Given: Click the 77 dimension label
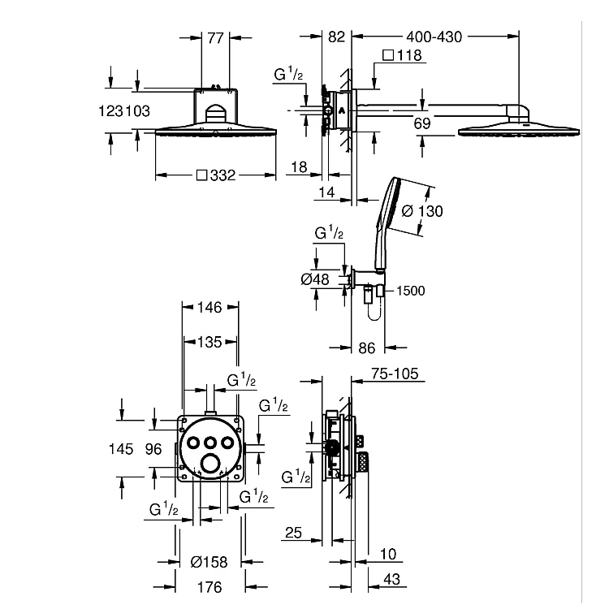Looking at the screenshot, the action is pyautogui.click(x=215, y=38).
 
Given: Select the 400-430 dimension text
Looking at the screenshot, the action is pyautogui.click(x=434, y=37).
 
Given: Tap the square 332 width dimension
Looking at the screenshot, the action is pyautogui.click(x=216, y=175).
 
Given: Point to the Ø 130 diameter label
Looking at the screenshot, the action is pyautogui.click(x=422, y=211).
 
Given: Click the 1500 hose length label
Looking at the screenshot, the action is pyautogui.click(x=411, y=291).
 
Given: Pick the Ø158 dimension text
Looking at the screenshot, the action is pyautogui.click(x=209, y=562).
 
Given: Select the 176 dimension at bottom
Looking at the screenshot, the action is pyautogui.click(x=209, y=587).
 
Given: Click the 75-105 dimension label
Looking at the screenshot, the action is pyautogui.click(x=395, y=374).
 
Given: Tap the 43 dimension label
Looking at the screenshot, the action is pyautogui.click(x=391, y=580).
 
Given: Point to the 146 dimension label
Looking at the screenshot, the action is pyautogui.click(x=209, y=308).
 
